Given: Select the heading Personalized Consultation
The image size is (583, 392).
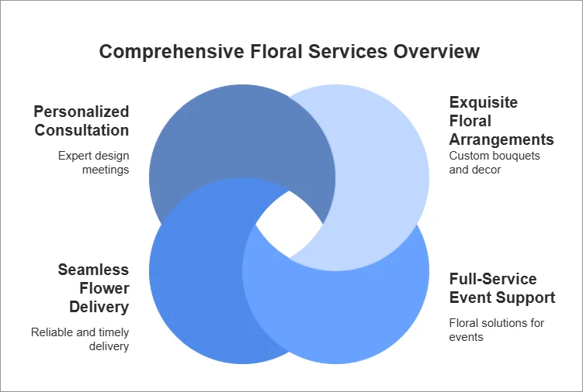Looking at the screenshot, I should coord(82,121).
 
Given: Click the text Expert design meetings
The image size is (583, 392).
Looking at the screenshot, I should coord(93,163).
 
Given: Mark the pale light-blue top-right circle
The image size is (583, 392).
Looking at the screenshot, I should coord(380,155).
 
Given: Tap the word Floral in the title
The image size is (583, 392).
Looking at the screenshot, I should coord(276,53).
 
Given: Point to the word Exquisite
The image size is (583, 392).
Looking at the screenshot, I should coord(484,102).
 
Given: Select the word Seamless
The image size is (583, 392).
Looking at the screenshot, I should coord(93,270).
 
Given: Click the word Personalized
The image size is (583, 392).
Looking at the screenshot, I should coord(82,112).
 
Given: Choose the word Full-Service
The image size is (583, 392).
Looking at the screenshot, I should coord(493,279).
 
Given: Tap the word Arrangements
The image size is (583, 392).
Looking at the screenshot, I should coord(501,139).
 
